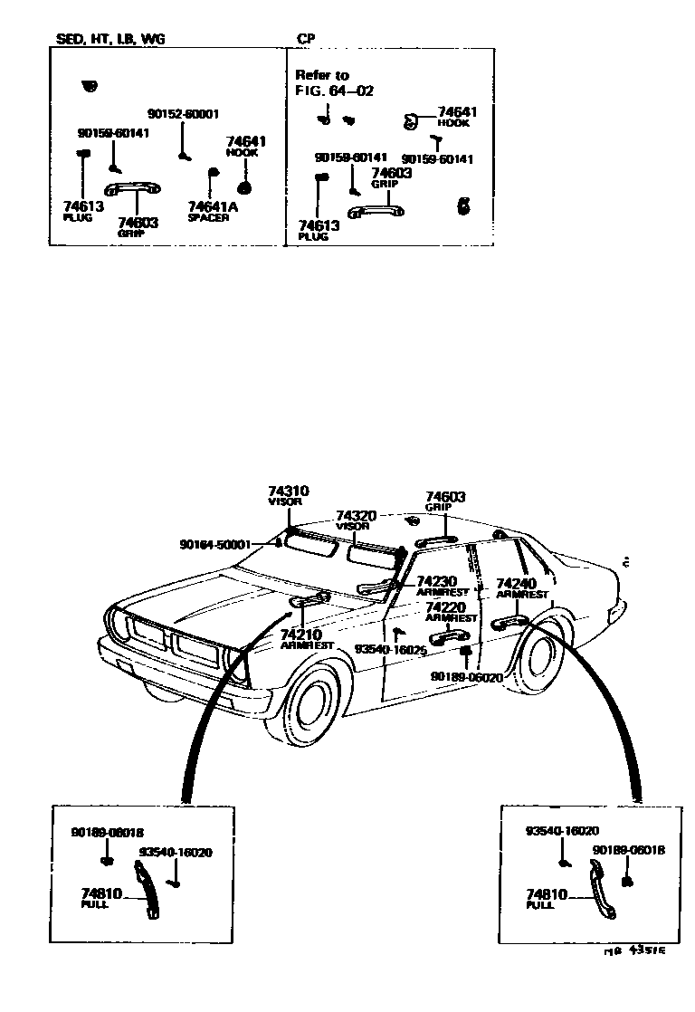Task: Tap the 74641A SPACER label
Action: (208, 211)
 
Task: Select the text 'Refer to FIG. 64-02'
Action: (334, 82)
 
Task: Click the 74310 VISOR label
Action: (289, 495)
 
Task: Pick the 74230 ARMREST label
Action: (443, 586)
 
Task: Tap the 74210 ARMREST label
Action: (307, 640)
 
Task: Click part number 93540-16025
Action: (390, 650)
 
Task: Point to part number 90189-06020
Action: (467, 676)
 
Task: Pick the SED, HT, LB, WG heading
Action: (111, 40)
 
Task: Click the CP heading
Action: (305, 40)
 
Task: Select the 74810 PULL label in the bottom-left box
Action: (99, 898)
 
